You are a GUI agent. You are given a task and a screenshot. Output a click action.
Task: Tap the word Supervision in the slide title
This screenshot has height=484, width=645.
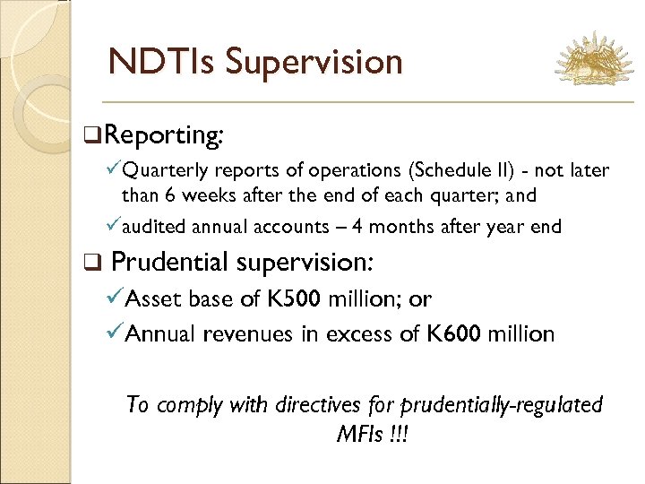(x=314, y=61)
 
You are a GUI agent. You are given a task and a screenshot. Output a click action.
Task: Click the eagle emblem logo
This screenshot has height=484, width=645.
(x=593, y=61)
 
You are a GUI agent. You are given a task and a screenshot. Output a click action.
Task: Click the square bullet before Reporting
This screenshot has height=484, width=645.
(x=90, y=135)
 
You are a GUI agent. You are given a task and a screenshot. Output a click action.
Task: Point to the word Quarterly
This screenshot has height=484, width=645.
(x=161, y=170)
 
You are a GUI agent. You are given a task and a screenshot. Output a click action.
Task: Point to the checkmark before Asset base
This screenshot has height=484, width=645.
(x=115, y=299)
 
